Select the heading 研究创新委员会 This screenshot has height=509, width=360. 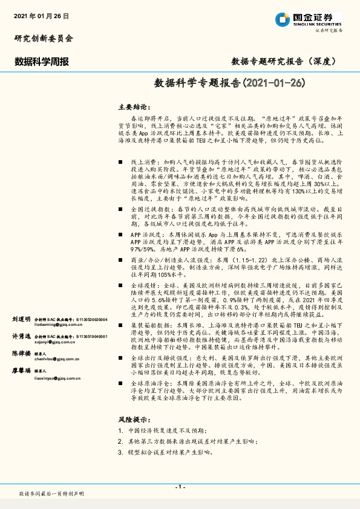(43, 38)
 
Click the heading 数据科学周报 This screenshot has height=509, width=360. (41, 61)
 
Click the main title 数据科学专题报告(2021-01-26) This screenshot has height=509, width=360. (229, 83)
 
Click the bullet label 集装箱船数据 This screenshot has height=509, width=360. (148, 325)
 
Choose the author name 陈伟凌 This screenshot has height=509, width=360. (21, 353)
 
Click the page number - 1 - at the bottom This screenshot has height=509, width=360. (180, 487)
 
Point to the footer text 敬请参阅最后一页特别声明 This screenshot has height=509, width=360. (51, 494)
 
